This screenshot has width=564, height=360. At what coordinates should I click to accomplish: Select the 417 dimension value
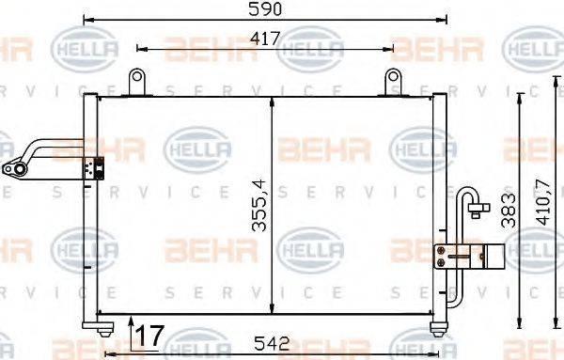click(266, 38)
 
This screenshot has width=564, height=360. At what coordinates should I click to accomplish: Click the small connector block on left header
click(92, 167)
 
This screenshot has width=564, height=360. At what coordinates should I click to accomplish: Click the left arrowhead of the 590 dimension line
click(86, 19)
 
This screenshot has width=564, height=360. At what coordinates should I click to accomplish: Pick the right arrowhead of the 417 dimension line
click(388, 47)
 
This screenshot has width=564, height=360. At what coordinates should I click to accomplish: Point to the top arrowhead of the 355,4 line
click(272, 102)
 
